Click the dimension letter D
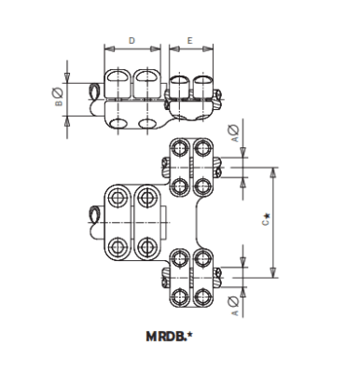(132, 41)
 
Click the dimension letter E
(190, 41)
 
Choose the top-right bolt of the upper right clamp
(203, 149)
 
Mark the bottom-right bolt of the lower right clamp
(203, 297)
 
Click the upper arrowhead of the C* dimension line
(273, 171)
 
